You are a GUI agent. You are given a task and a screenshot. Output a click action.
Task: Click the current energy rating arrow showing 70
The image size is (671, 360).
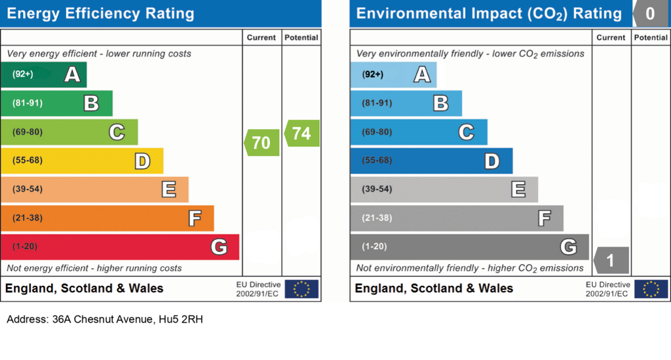(x=262, y=142)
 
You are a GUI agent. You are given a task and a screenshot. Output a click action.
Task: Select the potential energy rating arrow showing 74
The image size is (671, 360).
(x=301, y=133)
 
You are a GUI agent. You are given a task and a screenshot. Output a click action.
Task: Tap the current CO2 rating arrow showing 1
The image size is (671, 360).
(x=611, y=260)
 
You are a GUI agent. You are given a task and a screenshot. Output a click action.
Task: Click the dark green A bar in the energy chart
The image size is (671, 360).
(x=43, y=75)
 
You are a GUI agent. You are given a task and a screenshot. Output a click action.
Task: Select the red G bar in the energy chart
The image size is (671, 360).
(x=120, y=247)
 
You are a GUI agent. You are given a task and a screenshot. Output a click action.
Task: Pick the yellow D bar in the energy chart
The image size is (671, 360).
(x=81, y=161)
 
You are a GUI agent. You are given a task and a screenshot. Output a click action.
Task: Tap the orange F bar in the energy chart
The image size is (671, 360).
(x=107, y=218)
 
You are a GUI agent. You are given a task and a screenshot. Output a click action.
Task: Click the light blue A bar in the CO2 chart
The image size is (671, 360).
(x=393, y=75)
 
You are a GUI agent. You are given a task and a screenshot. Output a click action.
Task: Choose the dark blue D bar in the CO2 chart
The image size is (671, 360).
(x=431, y=161)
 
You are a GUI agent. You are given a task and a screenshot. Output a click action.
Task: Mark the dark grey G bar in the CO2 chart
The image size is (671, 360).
(x=469, y=247)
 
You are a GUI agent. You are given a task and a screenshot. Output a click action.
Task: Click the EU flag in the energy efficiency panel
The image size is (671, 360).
(x=301, y=289)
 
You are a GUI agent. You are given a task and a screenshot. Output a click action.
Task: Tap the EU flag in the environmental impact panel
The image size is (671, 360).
(x=651, y=289)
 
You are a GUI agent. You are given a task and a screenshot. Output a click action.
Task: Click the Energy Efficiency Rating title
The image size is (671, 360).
(x=100, y=14)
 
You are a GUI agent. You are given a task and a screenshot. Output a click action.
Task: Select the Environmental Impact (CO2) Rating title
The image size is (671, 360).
(x=489, y=14)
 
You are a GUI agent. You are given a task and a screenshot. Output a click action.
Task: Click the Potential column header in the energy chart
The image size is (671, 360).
(x=301, y=38)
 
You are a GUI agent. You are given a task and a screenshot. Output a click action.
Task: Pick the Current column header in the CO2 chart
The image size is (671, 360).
(x=611, y=38)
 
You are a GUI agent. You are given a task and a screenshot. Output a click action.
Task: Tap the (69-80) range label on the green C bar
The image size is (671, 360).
(x=28, y=132)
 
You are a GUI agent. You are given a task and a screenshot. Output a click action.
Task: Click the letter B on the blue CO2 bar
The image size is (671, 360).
(x=441, y=103)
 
